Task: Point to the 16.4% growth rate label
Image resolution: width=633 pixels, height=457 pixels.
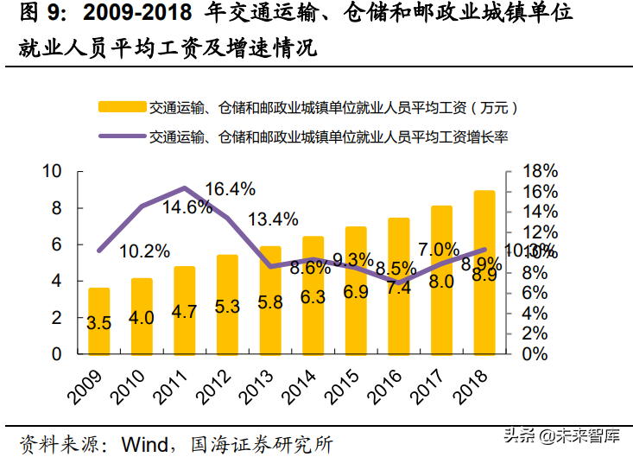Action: (231, 188)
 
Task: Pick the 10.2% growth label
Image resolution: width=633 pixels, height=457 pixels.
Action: (144, 251)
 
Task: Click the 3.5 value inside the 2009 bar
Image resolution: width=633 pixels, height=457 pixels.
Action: (99, 324)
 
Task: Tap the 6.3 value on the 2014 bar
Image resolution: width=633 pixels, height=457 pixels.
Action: (313, 297)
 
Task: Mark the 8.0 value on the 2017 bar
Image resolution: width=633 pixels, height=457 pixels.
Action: (441, 282)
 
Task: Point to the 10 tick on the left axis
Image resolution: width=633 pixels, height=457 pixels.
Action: (53, 171)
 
